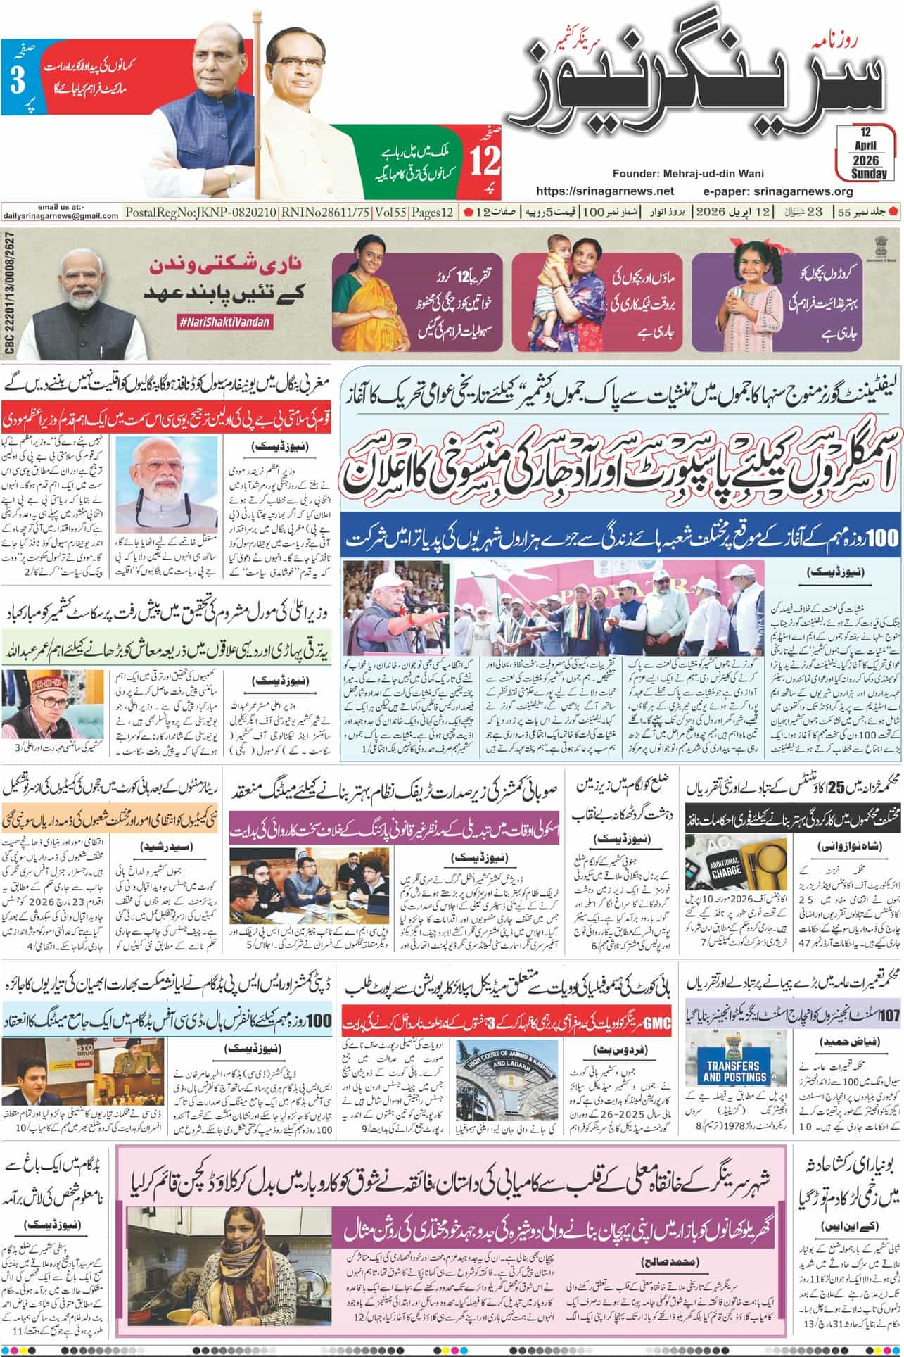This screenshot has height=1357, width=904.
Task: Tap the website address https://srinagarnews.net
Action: click(x=605, y=191)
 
